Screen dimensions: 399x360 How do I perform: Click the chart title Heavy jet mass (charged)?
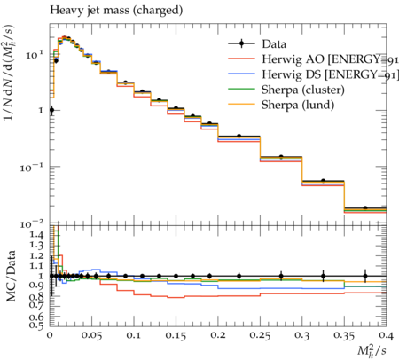click(116, 11)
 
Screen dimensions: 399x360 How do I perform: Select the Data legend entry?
click(257, 44)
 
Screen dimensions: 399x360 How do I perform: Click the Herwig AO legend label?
click(330, 59)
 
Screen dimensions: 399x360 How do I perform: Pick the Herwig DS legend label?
click(330, 74)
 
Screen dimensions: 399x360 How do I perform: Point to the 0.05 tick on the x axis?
click(91, 335)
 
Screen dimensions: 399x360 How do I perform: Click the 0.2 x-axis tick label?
click(218, 335)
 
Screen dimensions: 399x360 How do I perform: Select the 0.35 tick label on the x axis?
click(344, 335)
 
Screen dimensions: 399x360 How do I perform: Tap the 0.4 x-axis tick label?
click(386, 335)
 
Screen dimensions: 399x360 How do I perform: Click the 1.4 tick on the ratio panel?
click(36, 235)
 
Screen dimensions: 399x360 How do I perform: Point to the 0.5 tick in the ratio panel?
click(36, 325)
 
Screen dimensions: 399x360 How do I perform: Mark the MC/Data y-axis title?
click(11, 276)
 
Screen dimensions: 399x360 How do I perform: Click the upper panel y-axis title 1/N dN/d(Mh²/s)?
click(9, 73)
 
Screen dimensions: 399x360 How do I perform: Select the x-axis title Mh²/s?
click(372, 350)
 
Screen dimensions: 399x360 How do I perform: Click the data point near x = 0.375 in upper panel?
click(365, 208)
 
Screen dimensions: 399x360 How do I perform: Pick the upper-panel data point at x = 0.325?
click(323, 181)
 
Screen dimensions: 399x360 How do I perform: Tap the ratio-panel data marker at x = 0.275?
click(281, 277)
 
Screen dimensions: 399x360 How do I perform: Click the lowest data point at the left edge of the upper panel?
click(51, 110)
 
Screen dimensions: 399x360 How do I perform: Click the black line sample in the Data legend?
click(241, 43)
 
